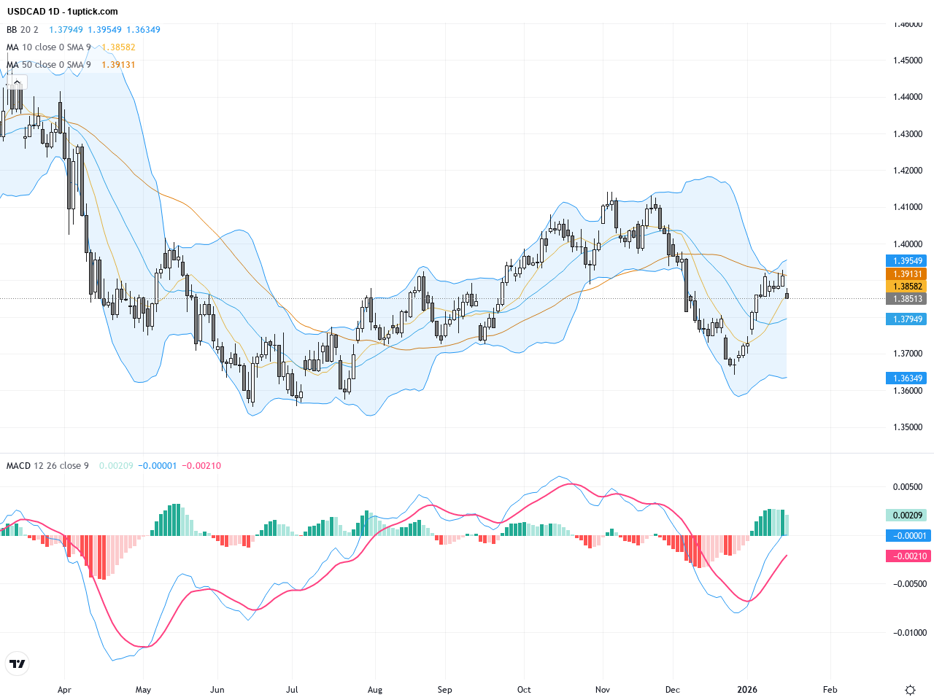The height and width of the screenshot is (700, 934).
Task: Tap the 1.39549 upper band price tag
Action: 906,261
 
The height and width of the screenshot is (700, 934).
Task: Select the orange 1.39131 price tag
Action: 906,274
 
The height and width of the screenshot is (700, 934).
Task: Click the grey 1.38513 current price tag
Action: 906,299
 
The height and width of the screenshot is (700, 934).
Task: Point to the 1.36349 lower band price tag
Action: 906,378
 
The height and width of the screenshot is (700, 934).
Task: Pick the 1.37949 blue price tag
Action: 906,319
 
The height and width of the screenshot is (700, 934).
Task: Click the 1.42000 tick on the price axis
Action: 908,171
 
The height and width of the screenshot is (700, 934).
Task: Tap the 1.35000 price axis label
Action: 908,427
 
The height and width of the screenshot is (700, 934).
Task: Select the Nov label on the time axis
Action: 603,690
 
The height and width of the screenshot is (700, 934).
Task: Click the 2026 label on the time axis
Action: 747,690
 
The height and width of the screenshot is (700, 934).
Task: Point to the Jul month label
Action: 293,690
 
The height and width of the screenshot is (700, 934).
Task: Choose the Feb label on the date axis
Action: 830,690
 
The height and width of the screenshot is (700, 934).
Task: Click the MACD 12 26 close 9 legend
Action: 47,466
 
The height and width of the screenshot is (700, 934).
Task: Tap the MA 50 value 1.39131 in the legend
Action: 118,65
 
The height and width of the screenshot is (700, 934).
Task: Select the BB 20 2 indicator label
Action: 23,30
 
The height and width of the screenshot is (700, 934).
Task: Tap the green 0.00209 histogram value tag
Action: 906,516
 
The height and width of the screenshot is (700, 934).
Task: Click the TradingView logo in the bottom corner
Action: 17,664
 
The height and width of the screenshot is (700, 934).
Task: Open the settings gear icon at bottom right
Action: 910,690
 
